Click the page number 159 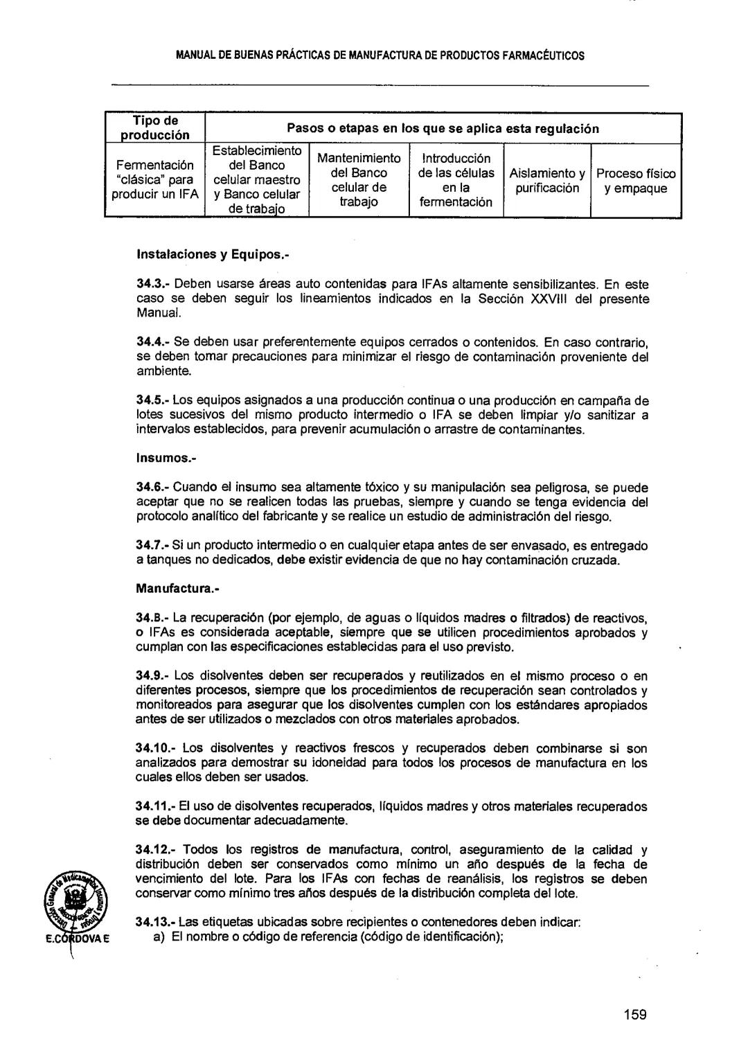click(x=634, y=1015)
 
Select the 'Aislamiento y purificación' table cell click(x=547, y=181)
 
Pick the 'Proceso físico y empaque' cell click(x=636, y=181)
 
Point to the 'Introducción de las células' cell click(x=456, y=180)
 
